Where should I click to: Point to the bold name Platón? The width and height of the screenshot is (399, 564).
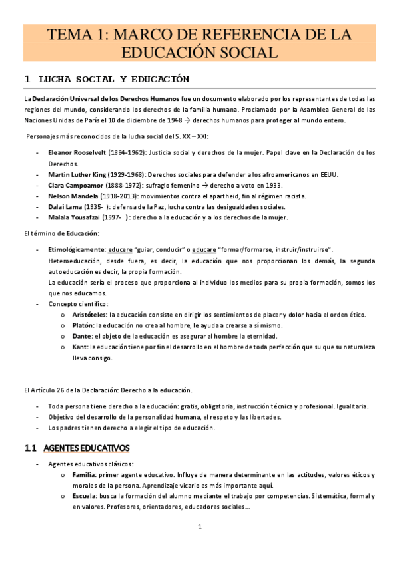pyautogui.click(x=83, y=325)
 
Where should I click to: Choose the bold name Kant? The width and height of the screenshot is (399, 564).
pyautogui.click(x=79, y=347)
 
